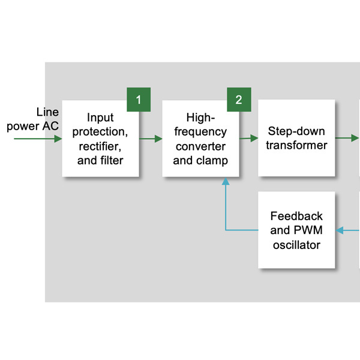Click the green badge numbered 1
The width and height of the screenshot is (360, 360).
tap(139, 100)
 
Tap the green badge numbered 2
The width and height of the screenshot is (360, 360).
tap(238, 100)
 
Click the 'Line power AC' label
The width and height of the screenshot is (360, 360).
tap(34, 119)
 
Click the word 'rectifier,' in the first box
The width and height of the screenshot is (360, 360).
tap(101, 146)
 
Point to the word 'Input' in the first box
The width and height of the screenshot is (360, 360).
tap(101, 118)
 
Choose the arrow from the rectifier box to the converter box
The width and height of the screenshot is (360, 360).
tap(151, 139)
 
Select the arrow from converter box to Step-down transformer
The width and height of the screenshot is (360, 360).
tap(246, 139)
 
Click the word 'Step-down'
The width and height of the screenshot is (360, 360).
tap(296, 131)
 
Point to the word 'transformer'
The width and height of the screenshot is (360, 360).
tap(296, 145)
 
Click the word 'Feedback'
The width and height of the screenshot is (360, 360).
tap(296, 216)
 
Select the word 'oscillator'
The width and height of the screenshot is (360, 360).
tap(296, 245)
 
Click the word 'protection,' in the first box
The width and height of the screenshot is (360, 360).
tap(101, 131)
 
